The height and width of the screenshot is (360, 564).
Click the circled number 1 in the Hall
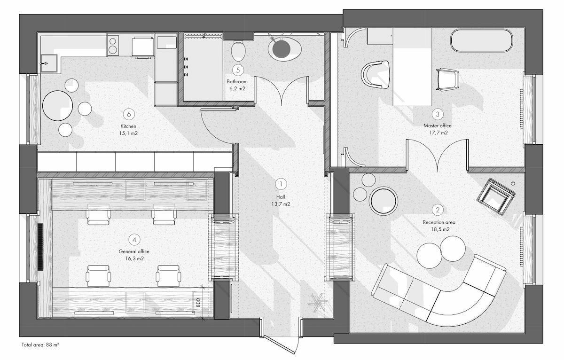[x=281, y=184]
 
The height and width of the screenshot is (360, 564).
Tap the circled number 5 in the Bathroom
[x=238, y=70]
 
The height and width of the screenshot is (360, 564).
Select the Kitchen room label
[x=128, y=126]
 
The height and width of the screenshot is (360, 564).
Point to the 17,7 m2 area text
[x=439, y=133]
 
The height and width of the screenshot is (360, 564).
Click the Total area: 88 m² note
[x=40, y=345]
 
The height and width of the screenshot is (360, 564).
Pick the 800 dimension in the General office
[x=198, y=302]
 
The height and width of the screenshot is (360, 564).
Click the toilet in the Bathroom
[x=238, y=51]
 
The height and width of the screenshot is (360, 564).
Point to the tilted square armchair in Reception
[x=495, y=196]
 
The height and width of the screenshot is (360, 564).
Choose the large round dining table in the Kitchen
[x=58, y=105]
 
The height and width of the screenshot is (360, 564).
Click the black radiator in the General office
[x=40, y=247]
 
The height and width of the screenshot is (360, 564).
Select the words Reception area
[x=439, y=223]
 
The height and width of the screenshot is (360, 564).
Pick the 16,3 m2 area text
[x=134, y=258]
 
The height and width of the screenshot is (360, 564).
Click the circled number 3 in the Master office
[x=438, y=114]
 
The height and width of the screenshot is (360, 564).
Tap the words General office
[x=134, y=251]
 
